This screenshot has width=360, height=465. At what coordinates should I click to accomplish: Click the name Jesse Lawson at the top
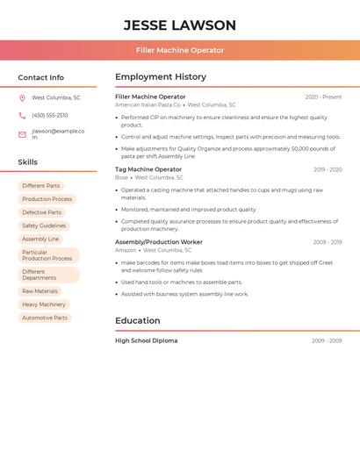pyautogui.click(x=180, y=25)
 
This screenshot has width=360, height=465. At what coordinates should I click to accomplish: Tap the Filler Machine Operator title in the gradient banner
pyautogui.click(x=180, y=50)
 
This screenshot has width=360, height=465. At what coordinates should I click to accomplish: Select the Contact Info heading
pyautogui.click(x=41, y=77)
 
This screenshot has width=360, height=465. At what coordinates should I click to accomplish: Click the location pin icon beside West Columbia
pyautogui.click(x=22, y=97)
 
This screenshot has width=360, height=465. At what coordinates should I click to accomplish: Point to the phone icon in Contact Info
pyautogui.click(x=22, y=115)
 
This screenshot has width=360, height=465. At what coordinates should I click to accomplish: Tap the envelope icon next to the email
pyautogui.click(x=22, y=134)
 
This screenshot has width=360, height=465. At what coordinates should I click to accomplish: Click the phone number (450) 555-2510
pyautogui.click(x=50, y=115)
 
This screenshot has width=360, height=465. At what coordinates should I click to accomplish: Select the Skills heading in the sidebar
pyautogui.click(x=28, y=162)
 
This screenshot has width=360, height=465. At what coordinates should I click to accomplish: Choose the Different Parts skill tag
pyautogui.click(x=41, y=186)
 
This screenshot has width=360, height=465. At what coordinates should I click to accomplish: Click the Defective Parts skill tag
pyautogui.click(x=41, y=212)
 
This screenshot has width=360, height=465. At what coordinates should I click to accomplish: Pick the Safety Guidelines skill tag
pyautogui.click(x=44, y=225)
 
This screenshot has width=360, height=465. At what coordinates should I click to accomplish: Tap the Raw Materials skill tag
pyautogui.click(x=40, y=291)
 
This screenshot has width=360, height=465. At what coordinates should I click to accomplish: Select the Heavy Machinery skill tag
pyautogui.click(x=44, y=304)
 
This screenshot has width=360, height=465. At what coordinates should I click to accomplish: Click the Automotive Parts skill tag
pyautogui.click(x=45, y=318)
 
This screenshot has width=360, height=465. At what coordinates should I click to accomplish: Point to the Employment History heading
pyautogui.click(x=161, y=77)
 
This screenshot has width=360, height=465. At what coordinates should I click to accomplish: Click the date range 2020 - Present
pyautogui.click(x=323, y=97)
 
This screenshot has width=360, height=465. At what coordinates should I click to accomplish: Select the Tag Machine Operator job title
pyautogui.click(x=148, y=169)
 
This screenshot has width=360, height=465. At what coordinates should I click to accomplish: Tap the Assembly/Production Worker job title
pyautogui.click(x=159, y=242)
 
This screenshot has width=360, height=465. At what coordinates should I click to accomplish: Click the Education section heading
pyautogui.click(x=138, y=321)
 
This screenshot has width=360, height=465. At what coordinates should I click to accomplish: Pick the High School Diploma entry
pyautogui.click(x=147, y=340)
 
